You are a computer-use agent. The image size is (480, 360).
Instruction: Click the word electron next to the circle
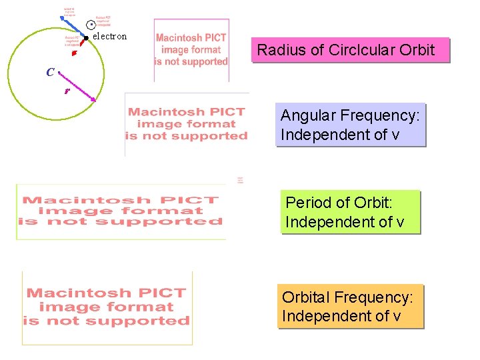pos(109,36)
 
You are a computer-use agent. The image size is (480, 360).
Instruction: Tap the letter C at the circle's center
pos(51,72)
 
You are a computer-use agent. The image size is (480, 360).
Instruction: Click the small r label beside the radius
pos(67,91)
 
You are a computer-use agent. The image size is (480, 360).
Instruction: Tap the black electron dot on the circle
pos(86,38)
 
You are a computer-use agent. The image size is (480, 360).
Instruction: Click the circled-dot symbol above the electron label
pos(91,25)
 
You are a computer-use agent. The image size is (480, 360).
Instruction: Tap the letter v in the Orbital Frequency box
pos(397,315)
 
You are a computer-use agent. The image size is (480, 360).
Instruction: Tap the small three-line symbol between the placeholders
pos(239,180)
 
